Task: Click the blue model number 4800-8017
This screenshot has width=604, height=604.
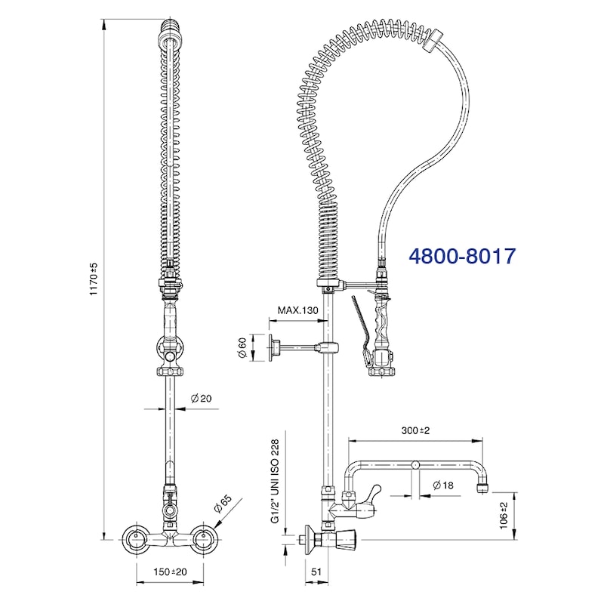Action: point(462,256)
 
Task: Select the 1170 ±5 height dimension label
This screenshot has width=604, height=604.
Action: point(94,279)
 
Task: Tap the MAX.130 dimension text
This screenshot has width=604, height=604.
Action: point(297,310)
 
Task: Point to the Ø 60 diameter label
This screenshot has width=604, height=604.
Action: point(242,347)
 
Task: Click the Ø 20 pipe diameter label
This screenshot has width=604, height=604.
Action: point(201,399)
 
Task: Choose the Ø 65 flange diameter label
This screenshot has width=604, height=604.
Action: point(223,504)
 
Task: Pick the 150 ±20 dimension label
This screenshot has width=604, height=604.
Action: point(170,572)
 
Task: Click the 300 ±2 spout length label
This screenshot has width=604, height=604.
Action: point(415,430)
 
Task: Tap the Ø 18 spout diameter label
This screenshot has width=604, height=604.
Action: point(443,485)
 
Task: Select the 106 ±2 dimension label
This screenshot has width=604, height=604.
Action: point(504,516)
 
